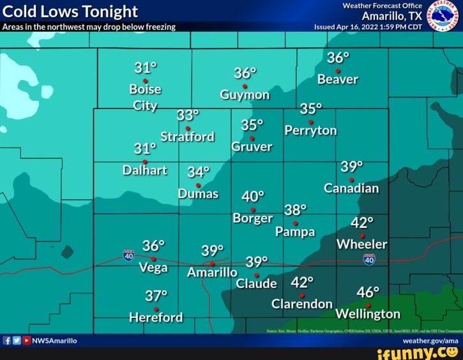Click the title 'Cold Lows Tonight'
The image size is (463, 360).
point(71,11)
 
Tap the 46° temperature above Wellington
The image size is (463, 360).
point(368,292)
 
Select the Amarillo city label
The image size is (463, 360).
point(212,273)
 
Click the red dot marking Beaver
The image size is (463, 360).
point(338,71)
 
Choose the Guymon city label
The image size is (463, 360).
point(245,95)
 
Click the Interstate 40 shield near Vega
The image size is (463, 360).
point(128,255)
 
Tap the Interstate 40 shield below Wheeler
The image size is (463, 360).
point(369,259)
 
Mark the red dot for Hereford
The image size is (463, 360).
point(156,309)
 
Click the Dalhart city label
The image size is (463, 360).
point(145,170)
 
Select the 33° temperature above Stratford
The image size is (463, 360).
point(188,115)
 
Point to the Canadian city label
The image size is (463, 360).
point(351,188)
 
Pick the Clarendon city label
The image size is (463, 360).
point(302,304)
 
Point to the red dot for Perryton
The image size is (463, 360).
point(310,122)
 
